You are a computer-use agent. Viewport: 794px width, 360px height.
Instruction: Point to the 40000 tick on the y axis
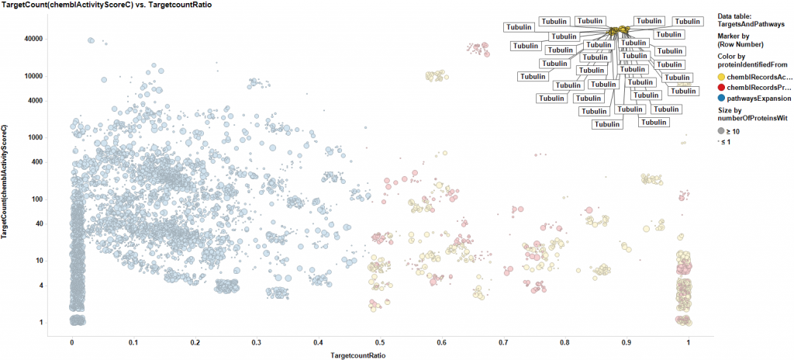pyautogui.click(x=33, y=39)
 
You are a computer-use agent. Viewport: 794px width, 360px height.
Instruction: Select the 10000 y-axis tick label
pyautogui.click(x=33, y=76)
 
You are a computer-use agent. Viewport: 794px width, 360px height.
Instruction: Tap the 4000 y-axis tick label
pyautogui.click(x=34, y=101)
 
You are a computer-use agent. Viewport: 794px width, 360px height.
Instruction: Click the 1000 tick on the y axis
pyautogui.click(x=34, y=137)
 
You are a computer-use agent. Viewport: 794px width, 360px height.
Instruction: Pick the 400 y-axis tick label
pyautogui.click(x=36, y=162)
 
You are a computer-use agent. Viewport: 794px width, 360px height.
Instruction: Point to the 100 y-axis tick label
pyautogui.click(x=36, y=199)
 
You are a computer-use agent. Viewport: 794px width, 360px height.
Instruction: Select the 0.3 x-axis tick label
pyautogui.click(x=257, y=341)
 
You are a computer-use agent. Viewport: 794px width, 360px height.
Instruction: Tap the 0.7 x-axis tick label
pyautogui.click(x=503, y=341)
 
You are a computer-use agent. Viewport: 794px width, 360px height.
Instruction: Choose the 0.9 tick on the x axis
pyautogui.click(x=627, y=341)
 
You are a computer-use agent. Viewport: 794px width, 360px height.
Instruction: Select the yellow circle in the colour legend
pyautogui.click(x=721, y=77)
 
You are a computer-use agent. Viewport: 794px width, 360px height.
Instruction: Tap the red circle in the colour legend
pyautogui.click(x=721, y=88)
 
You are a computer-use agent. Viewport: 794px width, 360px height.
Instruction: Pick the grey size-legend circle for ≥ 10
pyautogui.click(x=721, y=131)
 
